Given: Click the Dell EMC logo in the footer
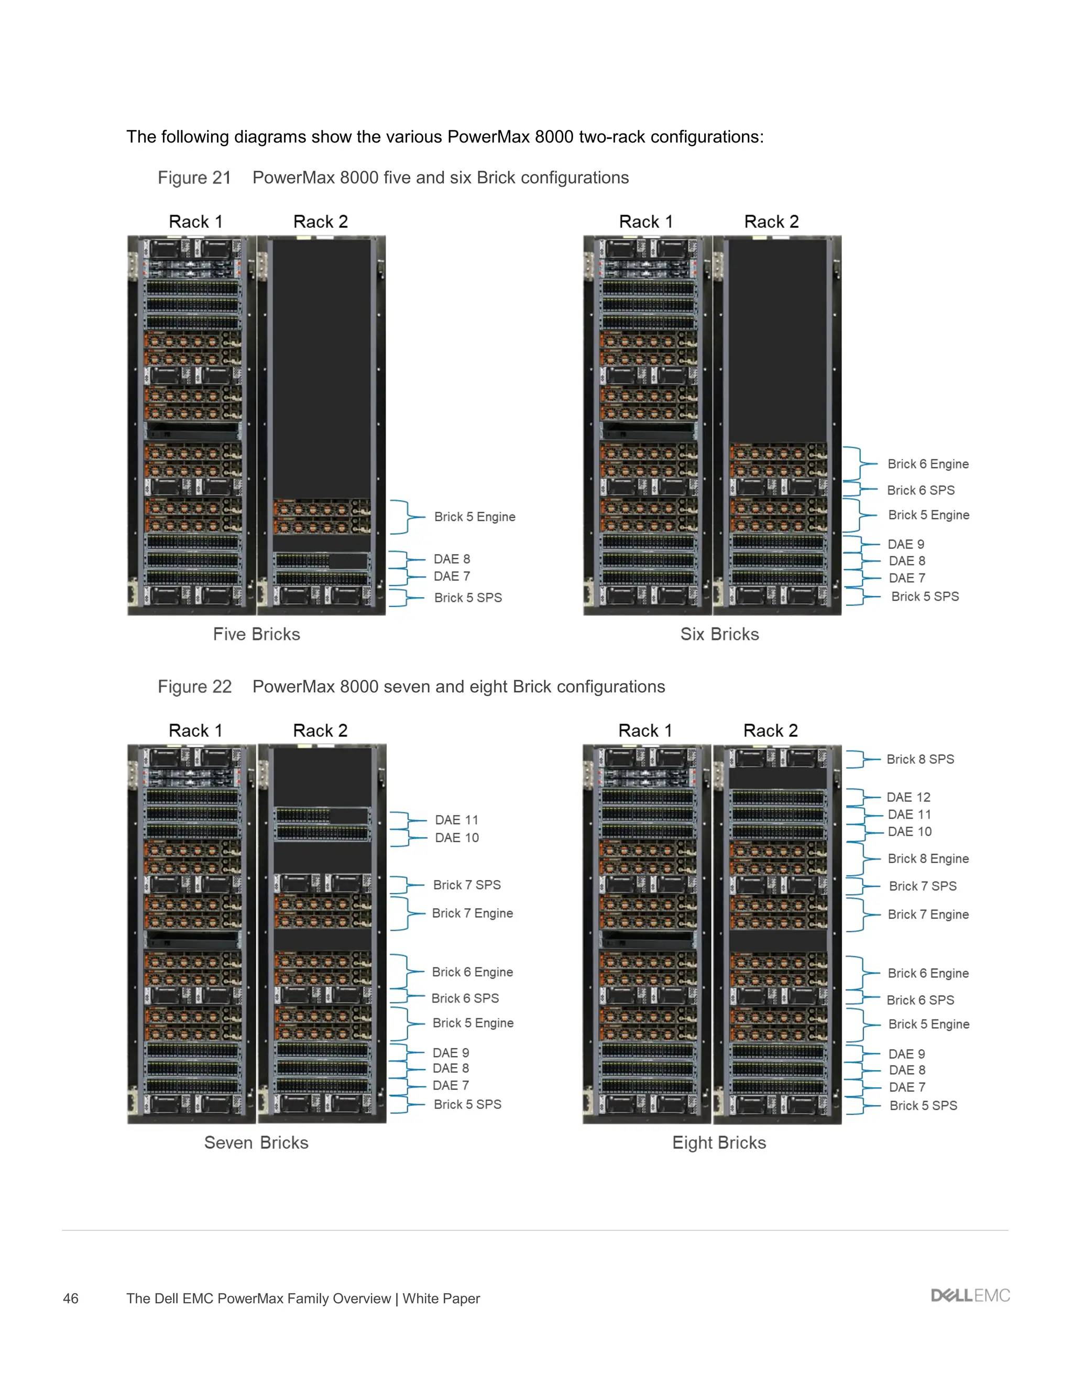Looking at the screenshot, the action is pos(969,1295).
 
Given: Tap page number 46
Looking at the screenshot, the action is pos(71,1298).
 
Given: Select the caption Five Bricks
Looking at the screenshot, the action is pos(256,634).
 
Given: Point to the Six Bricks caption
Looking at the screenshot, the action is pos(719,634).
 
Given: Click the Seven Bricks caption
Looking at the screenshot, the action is pos(256,1143).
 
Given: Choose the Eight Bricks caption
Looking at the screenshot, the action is pos(719,1143).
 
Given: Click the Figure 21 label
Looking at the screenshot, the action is pos(194,178).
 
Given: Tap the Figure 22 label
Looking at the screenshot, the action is pos(194,687).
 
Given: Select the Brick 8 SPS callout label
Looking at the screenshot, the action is pos(920,759).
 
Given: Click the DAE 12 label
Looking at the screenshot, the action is pos(908,798).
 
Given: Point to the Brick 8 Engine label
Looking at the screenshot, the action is pos(928,858).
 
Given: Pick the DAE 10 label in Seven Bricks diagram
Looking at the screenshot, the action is pos(456,838).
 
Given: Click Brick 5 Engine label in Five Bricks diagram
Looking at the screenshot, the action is pos(474,516).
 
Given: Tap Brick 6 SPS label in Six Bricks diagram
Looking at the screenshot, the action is pos(921,490).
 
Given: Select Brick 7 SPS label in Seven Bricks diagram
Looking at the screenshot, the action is pos(467,885).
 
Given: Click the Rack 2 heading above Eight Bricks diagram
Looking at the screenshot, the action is pos(770,731).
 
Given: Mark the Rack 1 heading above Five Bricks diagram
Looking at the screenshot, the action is pos(195,222).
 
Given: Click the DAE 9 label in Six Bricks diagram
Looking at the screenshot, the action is pos(906,544).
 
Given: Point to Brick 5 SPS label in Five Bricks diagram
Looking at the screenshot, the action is pos(468,598).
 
